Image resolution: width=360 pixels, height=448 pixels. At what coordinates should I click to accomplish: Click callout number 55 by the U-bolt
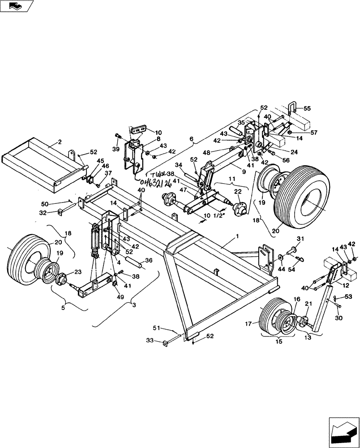(x=307, y=108)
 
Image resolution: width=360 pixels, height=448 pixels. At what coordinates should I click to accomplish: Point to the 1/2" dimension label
(x=219, y=215)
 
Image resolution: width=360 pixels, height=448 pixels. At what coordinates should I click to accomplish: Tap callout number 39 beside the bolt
(x=116, y=148)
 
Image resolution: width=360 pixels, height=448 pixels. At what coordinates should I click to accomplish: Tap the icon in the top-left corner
(x=17, y=6)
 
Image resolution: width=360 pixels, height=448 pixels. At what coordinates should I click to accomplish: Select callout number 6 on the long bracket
(x=192, y=139)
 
